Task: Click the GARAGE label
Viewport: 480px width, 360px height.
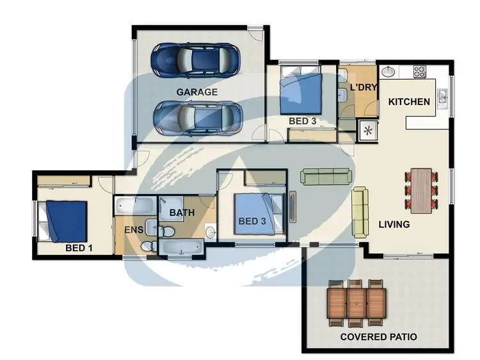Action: click(196, 92)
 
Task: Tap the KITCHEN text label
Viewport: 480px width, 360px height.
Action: click(409, 102)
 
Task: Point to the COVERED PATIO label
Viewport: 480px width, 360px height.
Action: click(378, 337)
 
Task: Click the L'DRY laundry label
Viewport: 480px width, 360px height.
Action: click(362, 87)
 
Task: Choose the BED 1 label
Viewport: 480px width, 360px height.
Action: click(79, 247)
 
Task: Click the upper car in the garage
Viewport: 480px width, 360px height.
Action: click(196, 60)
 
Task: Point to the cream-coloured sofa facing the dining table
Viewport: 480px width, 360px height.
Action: click(360, 212)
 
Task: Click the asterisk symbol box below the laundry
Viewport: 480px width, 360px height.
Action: click(369, 130)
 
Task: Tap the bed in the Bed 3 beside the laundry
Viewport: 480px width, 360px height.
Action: click(301, 94)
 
